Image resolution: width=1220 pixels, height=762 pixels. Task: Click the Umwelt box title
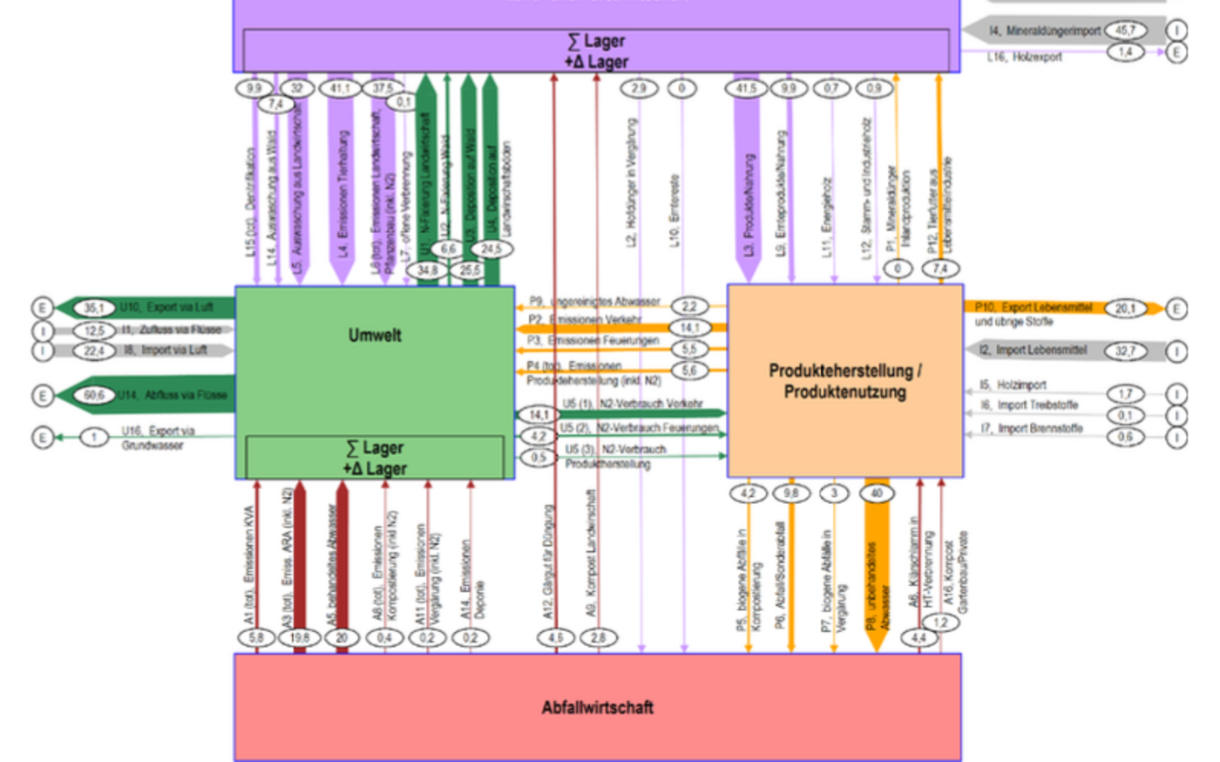(375, 336)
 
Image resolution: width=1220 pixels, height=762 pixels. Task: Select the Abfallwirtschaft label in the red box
(597, 707)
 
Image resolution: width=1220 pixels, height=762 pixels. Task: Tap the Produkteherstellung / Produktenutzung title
(844, 381)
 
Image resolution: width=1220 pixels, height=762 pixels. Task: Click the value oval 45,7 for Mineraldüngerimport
(1125, 31)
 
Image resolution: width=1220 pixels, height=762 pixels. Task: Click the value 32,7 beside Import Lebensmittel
(1125, 350)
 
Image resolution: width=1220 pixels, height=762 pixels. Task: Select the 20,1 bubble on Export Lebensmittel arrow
(1125, 308)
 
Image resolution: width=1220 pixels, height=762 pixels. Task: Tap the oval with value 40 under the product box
(877, 493)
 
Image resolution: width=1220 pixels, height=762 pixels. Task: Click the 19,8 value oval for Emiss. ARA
(299, 638)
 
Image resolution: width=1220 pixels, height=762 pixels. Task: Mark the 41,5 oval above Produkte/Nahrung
(746, 88)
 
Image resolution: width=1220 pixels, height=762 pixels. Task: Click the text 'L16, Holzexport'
(1025, 57)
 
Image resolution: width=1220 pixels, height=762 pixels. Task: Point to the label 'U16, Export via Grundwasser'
(158, 438)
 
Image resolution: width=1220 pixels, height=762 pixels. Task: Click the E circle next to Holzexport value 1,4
(1176, 52)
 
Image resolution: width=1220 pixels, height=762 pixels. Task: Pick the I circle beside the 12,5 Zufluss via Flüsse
(42, 330)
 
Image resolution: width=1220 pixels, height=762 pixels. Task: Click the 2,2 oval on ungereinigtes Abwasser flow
(689, 306)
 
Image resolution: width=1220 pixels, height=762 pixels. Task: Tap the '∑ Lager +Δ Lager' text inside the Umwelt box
(375, 458)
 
